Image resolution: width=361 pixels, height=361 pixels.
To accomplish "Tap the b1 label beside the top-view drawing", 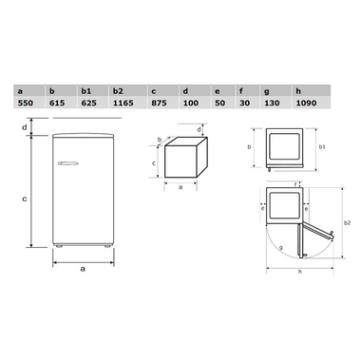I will [324, 148].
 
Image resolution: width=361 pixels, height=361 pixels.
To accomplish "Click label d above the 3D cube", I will [198, 129].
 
